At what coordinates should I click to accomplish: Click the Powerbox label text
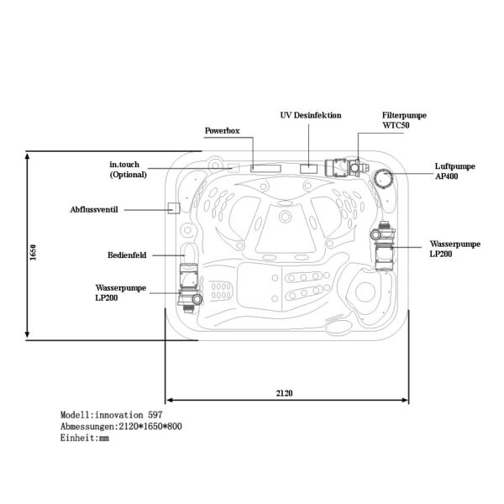coord(222,131)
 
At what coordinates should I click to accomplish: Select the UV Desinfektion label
coord(311,115)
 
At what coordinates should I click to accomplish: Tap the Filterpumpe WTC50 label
coord(404,120)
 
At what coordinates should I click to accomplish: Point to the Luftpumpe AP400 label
coord(454,171)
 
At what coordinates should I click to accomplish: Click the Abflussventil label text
coord(94,210)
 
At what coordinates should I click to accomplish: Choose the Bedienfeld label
coord(127,255)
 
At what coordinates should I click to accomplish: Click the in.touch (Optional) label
coord(129,170)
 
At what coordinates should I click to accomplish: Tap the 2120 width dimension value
coord(284,393)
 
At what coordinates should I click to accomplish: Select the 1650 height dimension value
coord(33,252)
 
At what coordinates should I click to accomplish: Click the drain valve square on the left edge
coord(174,208)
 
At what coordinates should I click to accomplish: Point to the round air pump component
coord(383,178)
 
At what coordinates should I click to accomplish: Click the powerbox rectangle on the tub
coord(265,169)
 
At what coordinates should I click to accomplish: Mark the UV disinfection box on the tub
coord(309,169)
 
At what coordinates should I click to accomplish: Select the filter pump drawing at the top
coord(346,167)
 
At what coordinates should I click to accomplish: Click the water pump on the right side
coord(383,246)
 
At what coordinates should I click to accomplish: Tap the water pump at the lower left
coord(189,288)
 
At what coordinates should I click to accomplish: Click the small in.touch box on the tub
coord(234,168)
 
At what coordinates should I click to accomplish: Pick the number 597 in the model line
coord(155,415)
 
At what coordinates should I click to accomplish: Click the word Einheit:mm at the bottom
coord(85,438)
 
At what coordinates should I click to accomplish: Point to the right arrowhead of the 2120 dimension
coord(406,400)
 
